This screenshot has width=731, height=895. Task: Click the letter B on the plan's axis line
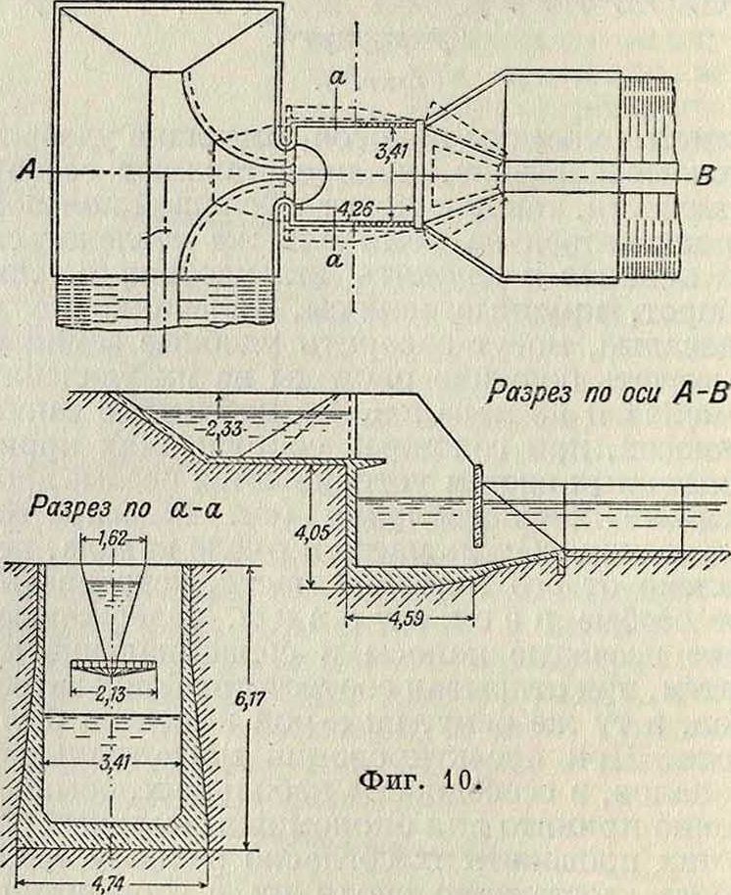703,178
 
